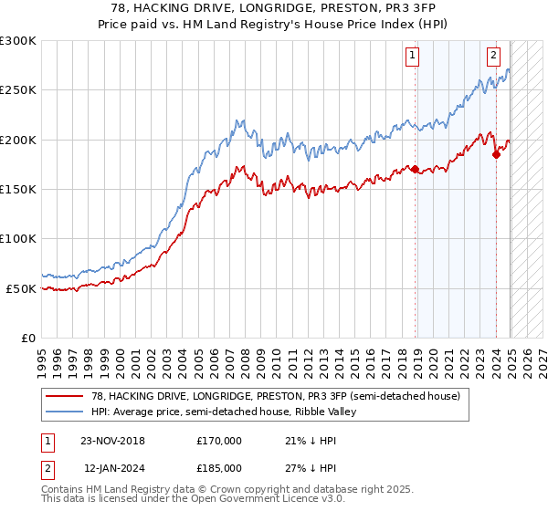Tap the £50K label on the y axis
pos(21,288)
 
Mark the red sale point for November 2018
pos(416,169)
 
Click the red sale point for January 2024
pos(496,154)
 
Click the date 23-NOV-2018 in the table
pos(113,441)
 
